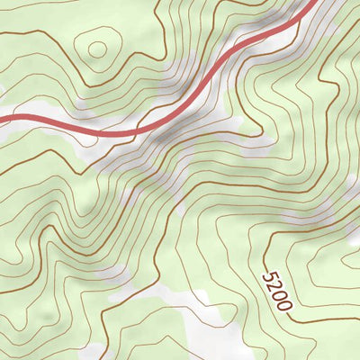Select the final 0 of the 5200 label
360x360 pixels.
[x=284, y=303]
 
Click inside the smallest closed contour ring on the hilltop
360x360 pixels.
[x=94, y=47]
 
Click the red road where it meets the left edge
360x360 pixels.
[x=3, y=117]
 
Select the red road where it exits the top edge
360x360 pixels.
[x=310, y=4]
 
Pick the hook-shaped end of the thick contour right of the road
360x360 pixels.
[x=236, y=97]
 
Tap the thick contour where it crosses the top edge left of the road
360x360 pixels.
[x=155, y=3]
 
